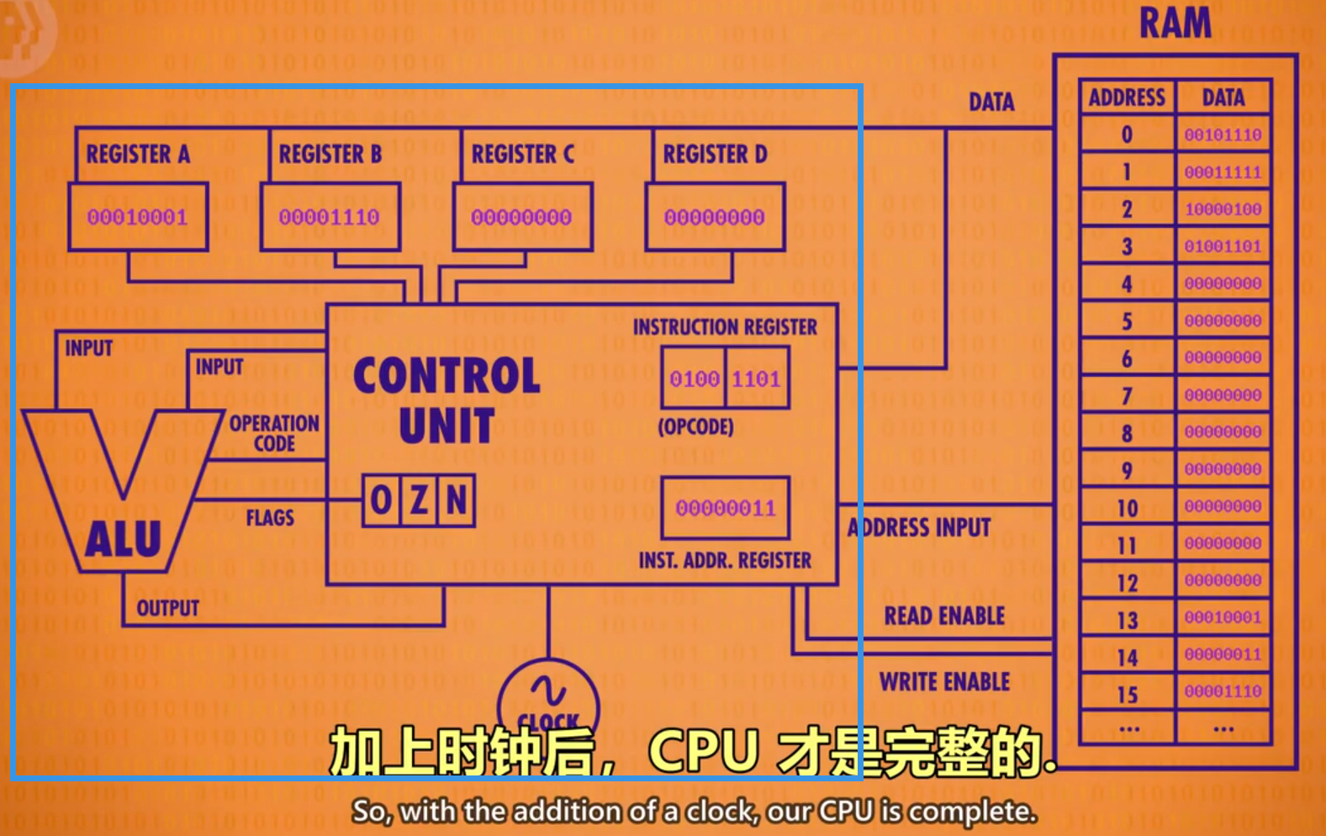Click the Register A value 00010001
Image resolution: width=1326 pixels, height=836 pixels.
pyautogui.click(x=138, y=217)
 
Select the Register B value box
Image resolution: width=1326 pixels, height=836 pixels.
pyautogui.click(x=330, y=217)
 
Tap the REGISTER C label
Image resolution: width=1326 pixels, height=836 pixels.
pyautogui.click(x=522, y=154)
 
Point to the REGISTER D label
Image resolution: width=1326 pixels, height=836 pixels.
pyautogui.click(x=715, y=154)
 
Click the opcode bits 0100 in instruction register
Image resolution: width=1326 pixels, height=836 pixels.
pyautogui.click(x=694, y=379)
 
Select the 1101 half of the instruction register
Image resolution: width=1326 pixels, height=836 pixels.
pyautogui.click(x=756, y=379)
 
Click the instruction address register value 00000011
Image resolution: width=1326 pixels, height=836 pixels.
pyautogui.click(x=726, y=508)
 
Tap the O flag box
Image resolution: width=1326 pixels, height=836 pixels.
pyautogui.click(x=381, y=501)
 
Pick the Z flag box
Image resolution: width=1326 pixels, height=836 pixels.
pyautogui.click(x=419, y=501)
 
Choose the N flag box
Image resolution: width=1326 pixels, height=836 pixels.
pyautogui.click(x=457, y=501)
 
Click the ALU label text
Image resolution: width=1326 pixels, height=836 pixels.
pyautogui.click(x=123, y=539)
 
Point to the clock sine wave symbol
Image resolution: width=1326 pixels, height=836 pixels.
pyautogui.click(x=548, y=691)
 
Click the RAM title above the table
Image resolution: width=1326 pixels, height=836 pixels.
pyautogui.click(x=1175, y=23)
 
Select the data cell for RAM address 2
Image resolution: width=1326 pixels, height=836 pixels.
pyautogui.click(x=1223, y=209)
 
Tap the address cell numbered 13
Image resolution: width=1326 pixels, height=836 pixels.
pyautogui.click(x=1127, y=621)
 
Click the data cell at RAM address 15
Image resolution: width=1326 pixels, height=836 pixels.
pyautogui.click(x=1223, y=692)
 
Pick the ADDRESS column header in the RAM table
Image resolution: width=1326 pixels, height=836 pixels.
pyautogui.click(x=1127, y=98)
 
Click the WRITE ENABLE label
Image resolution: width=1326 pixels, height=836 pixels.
pyautogui.click(x=944, y=681)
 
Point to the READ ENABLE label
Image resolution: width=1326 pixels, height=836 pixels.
pyautogui.click(x=944, y=616)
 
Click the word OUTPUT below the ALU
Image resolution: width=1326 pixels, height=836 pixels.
pyautogui.click(x=168, y=607)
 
